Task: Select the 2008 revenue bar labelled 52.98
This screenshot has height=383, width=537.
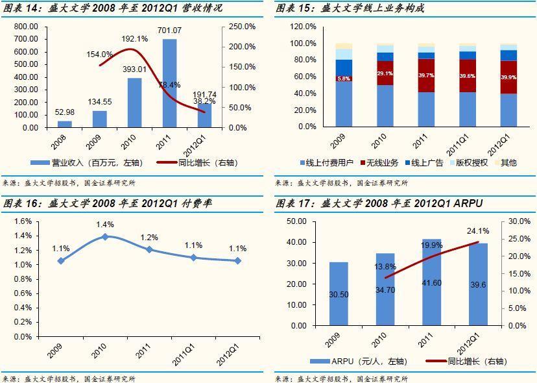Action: tap(65, 124)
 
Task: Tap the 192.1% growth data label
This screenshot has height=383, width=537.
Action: tap(135, 39)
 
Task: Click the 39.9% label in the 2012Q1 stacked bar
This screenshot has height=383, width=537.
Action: tap(508, 77)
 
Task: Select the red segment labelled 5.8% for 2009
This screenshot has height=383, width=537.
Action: tap(344, 79)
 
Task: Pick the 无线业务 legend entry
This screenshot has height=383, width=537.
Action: tap(383, 162)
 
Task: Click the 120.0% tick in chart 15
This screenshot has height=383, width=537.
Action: tap(303, 27)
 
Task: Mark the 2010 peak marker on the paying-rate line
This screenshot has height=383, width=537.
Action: tap(105, 237)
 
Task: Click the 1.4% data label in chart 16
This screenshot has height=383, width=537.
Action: tap(105, 225)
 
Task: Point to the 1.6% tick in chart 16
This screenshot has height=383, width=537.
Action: tap(23, 221)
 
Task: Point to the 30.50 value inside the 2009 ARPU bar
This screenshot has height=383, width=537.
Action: tap(339, 295)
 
